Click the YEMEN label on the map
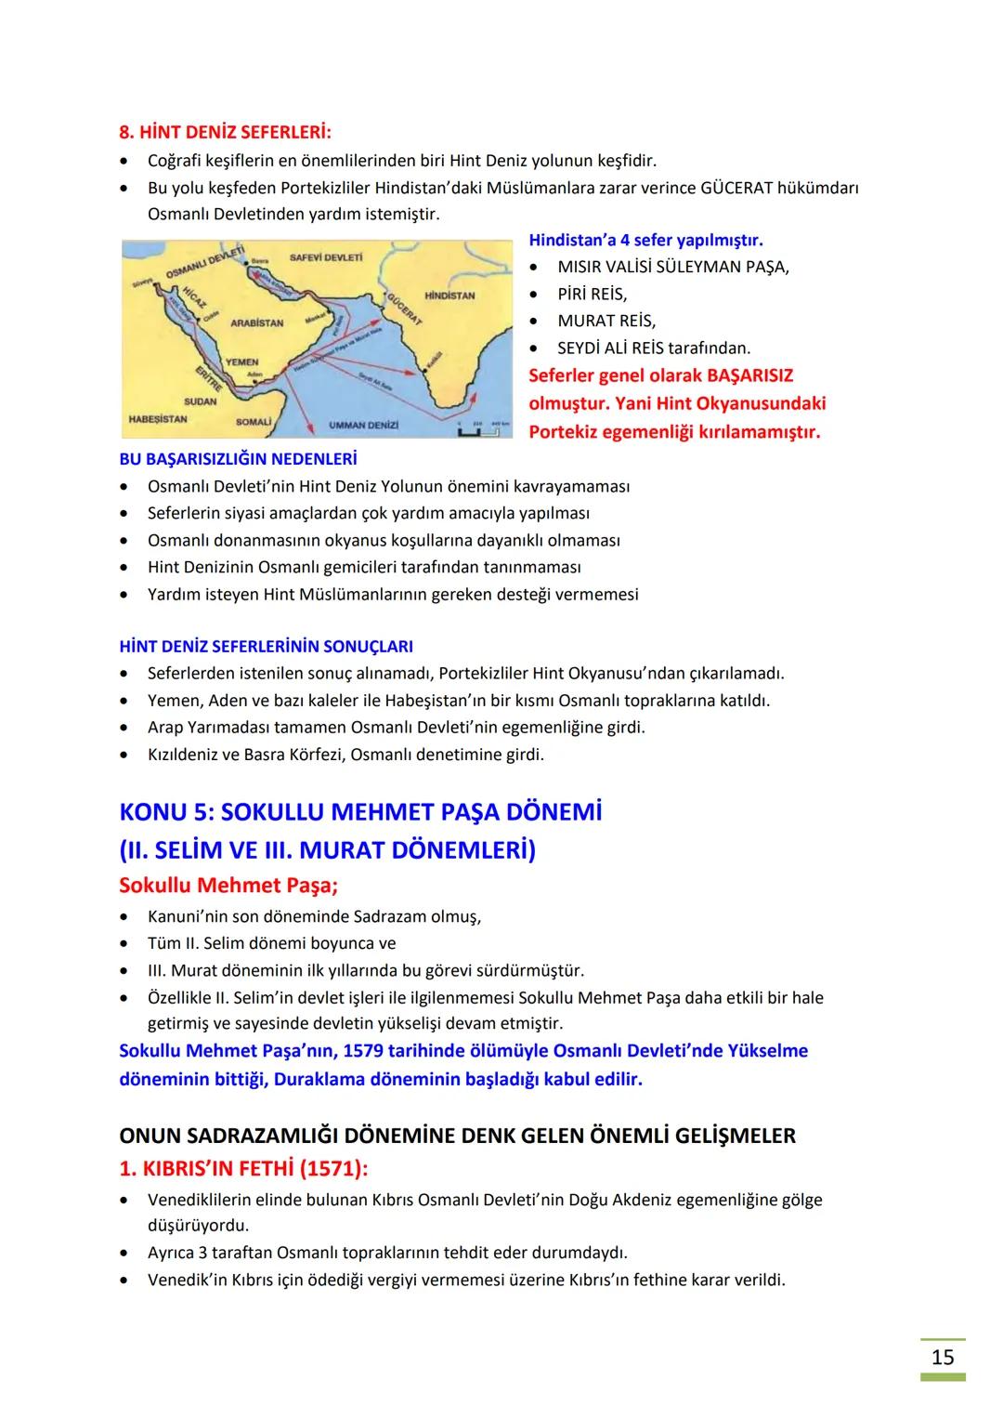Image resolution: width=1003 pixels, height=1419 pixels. (x=241, y=361)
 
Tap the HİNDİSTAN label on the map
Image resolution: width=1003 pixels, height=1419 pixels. (x=449, y=296)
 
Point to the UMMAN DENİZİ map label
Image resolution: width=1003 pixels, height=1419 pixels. (x=363, y=425)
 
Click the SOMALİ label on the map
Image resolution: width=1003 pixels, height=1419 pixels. (x=254, y=421)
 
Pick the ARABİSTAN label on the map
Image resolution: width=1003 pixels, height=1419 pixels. (x=256, y=322)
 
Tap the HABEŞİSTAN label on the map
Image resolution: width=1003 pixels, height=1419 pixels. (x=157, y=419)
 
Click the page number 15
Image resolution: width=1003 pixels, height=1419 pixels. (x=943, y=1358)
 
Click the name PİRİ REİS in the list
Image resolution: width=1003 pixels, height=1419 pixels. (x=592, y=294)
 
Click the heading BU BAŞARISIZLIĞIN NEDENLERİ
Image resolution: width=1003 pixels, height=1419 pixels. (x=238, y=459)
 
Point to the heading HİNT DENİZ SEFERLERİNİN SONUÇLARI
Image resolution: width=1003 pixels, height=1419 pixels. (x=267, y=646)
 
